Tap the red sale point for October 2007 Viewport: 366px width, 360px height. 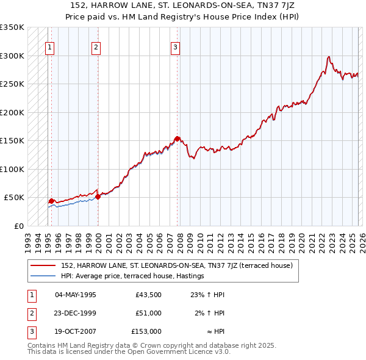pyautogui.click(x=177, y=139)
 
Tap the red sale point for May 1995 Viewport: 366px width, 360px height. pyautogui.click(x=51, y=200)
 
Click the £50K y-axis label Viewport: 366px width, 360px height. pyautogui.click(x=14, y=198)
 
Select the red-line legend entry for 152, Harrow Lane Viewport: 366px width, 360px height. pyautogui.click(x=177, y=265)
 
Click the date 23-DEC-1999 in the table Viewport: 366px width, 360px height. pyautogui.click(x=76, y=313)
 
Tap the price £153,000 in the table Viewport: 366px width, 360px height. pyautogui.click(x=146, y=331)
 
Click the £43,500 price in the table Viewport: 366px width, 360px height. pyautogui.click(x=148, y=295)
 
